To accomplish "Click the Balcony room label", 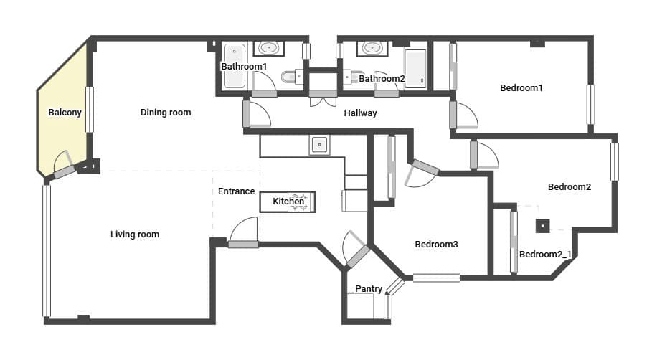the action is click(x=65, y=113).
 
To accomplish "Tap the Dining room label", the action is click(x=166, y=113).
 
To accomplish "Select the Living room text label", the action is click(x=135, y=235).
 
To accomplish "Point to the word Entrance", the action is click(x=236, y=191).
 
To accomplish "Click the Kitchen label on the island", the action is click(x=288, y=202).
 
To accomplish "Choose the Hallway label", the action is click(x=360, y=113).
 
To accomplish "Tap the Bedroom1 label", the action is click(x=521, y=87).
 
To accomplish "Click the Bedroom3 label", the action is click(x=436, y=244).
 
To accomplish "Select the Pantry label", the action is click(x=369, y=289).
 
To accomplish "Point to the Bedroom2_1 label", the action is click(x=545, y=254).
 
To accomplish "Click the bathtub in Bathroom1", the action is click(x=234, y=66).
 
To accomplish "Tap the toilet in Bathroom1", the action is click(x=292, y=77).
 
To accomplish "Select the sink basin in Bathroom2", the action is click(x=372, y=48).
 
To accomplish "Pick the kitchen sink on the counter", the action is click(x=319, y=145).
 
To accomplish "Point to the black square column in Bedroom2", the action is click(x=542, y=226).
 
